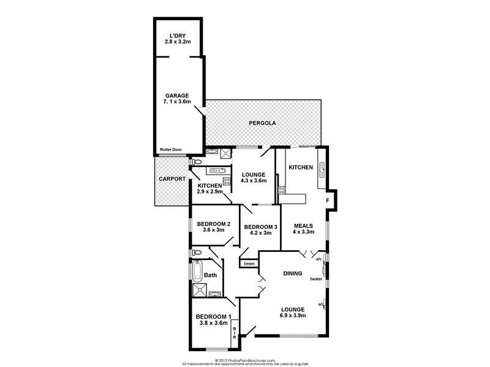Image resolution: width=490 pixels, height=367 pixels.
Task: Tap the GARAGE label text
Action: [x=176, y=95]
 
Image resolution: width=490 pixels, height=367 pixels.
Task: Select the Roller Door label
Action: [x=171, y=149]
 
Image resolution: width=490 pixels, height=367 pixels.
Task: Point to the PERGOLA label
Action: [x=262, y=124]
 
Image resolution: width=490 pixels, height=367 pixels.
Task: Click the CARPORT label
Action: [x=171, y=179]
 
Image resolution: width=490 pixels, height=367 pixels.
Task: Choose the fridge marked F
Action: [x=328, y=200]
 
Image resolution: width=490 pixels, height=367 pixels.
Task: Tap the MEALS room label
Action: [x=304, y=224]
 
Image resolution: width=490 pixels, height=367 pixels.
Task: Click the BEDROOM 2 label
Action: [x=213, y=224]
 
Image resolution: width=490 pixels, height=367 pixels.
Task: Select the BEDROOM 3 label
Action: [x=260, y=228]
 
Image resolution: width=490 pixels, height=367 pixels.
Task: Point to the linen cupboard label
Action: [x=249, y=264]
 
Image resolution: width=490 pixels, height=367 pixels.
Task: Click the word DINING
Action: [x=292, y=273]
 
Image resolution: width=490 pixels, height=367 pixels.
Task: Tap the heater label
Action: [x=316, y=279]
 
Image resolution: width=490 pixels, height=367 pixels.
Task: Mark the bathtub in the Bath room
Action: [x=197, y=270]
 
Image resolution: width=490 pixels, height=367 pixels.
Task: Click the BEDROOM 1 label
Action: [x=213, y=316]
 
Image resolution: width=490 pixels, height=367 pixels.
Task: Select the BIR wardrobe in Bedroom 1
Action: [x=234, y=334]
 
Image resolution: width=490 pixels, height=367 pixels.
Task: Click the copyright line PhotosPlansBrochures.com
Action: [x=245, y=360]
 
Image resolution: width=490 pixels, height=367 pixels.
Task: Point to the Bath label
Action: [x=210, y=275]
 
